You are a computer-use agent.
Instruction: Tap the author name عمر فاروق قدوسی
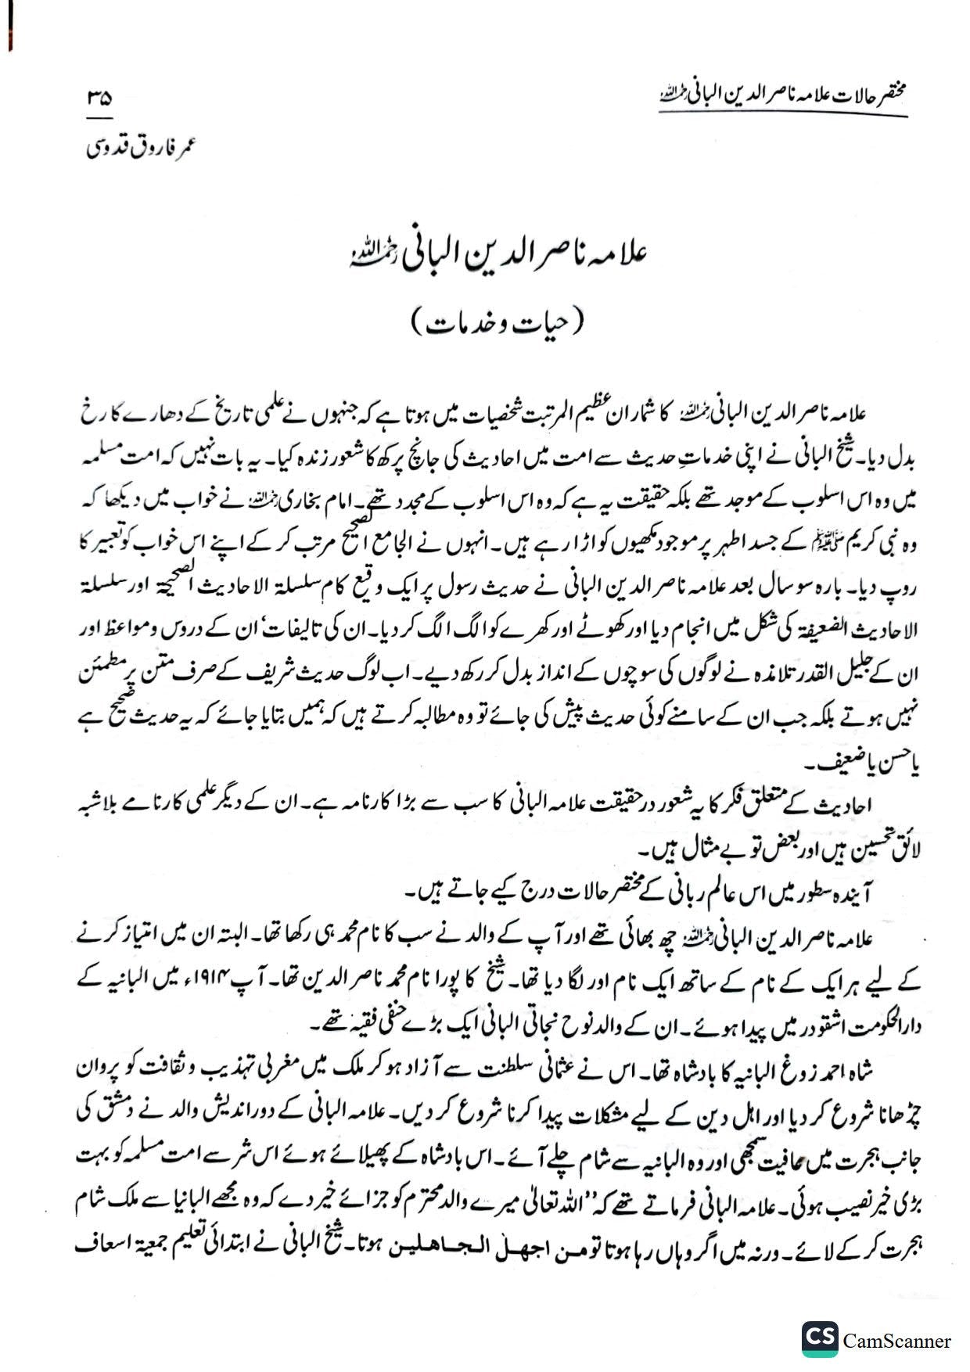[x=139, y=148]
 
